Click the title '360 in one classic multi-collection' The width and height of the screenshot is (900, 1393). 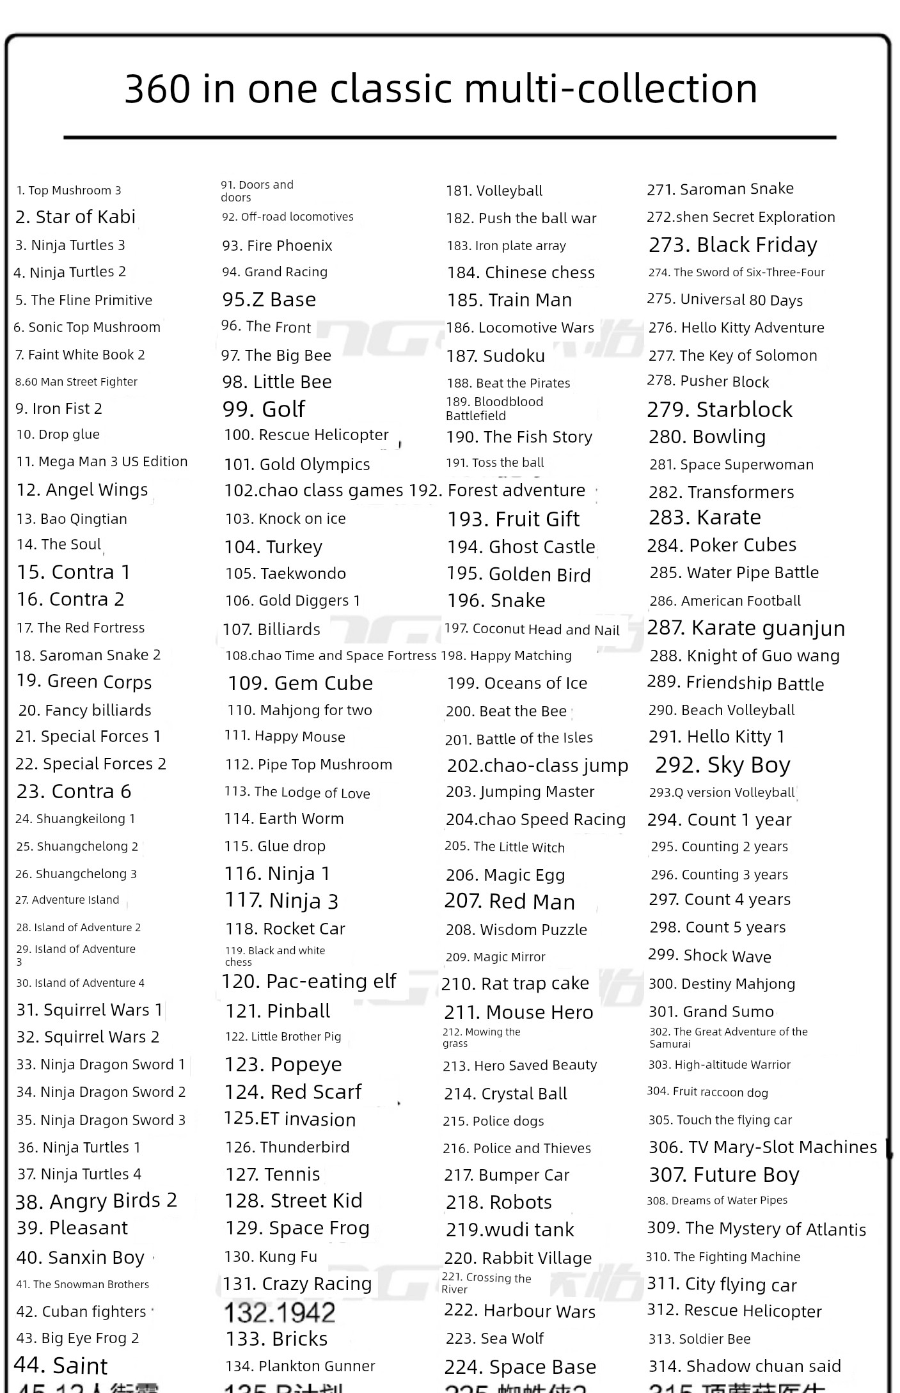(441, 88)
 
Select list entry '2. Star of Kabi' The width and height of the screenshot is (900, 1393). (75, 217)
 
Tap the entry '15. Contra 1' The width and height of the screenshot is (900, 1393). (74, 572)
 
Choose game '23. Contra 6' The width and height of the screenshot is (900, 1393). (74, 791)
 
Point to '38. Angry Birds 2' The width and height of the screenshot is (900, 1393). (96, 1201)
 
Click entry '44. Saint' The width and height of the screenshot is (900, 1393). (61, 1365)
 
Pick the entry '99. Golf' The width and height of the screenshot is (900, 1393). (264, 409)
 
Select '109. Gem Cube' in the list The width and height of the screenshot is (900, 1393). (300, 683)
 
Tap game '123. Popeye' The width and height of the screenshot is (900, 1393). (283, 1064)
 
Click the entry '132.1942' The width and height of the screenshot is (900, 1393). (280, 1313)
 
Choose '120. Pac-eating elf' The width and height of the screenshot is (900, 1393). (309, 981)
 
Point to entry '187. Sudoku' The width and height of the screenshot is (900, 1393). (496, 356)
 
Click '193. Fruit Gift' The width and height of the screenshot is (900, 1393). (513, 519)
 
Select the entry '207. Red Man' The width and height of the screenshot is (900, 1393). (510, 901)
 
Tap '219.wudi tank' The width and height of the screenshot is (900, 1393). (510, 1229)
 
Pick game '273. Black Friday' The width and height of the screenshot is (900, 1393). (733, 244)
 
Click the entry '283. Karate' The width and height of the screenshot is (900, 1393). (705, 517)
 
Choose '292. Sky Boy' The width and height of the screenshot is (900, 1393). (723, 764)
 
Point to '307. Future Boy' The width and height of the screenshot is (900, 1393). (724, 1175)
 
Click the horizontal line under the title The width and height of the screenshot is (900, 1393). (450, 138)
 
